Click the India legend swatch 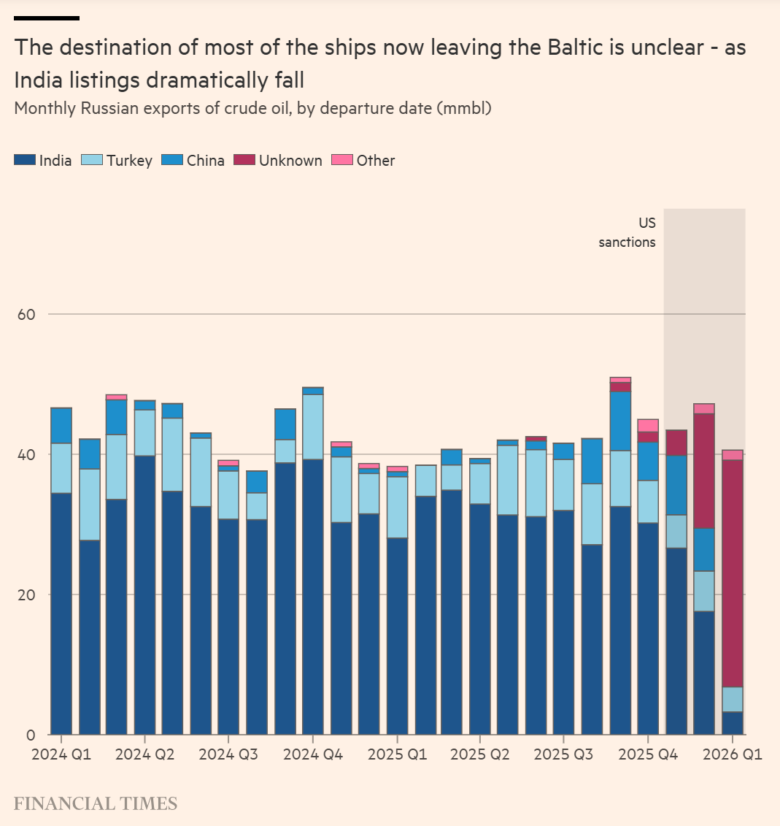[x=25, y=160]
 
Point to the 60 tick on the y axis [x=27, y=314]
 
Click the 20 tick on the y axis [x=27, y=594]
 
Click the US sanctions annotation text [x=628, y=233]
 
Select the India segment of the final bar [x=733, y=723]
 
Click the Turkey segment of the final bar [x=733, y=700]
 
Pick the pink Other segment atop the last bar [x=733, y=455]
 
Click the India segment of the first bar [x=61, y=613]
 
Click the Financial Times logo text [x=96, y=804]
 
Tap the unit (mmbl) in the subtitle [x=464, y=109]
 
